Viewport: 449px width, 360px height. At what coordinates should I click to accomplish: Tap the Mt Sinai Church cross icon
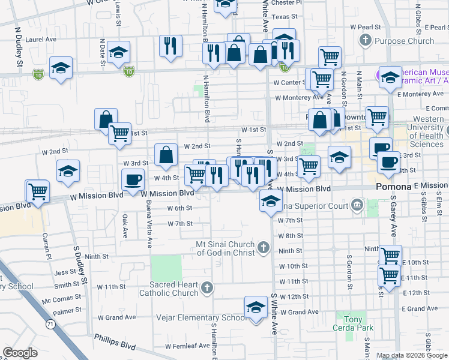263,247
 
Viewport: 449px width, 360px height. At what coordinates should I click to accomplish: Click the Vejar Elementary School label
200,317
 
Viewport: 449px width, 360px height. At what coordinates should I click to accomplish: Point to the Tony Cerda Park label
354,323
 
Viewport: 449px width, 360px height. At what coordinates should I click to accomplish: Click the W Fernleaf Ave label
188,346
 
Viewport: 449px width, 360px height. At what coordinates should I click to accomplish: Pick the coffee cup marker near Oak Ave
133,179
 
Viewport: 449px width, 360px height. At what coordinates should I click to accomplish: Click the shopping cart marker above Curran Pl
38,192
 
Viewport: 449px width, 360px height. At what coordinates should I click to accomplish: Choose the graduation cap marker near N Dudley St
61,69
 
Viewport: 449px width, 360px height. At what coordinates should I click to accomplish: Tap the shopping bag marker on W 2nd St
166,154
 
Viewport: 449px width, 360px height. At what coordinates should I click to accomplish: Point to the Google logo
20,353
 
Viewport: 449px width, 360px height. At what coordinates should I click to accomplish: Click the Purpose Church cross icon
365,41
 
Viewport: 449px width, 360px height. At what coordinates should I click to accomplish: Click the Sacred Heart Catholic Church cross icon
206,288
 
